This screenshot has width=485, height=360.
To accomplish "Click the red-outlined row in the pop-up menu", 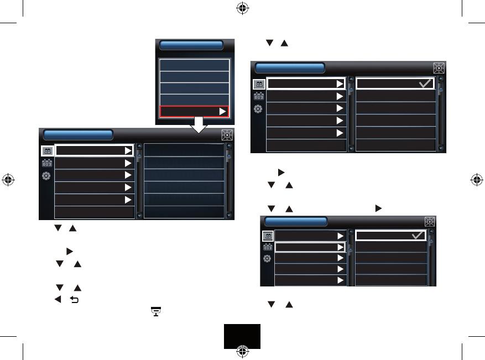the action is [x=194, y=112].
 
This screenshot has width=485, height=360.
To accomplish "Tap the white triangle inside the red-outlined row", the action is [x=222, y=112].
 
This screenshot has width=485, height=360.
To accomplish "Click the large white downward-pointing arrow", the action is [x=197, y=126].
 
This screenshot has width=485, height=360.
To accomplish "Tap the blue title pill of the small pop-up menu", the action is [x=191, y=46].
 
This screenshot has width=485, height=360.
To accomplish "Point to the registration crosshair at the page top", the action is [x=242, y=8].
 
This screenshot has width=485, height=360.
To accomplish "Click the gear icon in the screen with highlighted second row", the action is [x=267, y=259].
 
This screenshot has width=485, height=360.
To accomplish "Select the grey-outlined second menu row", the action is [x=311, y=247].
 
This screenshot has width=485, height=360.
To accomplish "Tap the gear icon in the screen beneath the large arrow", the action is [x=48, y=176].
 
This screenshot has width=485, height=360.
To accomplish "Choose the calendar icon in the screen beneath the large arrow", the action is [x=48, y=164].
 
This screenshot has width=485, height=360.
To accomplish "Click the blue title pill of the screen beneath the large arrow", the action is [x=78, y=135].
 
